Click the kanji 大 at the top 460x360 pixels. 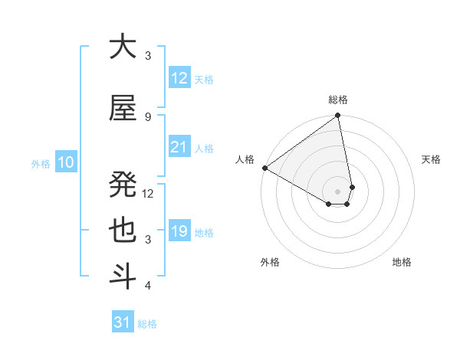coord(123,47)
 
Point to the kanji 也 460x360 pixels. coord(123,231)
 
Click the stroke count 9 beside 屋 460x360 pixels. coord(148,116)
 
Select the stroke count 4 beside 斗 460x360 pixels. coord(148,286)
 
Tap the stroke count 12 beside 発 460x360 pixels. coord(149,194)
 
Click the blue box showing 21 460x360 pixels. coord(179,147)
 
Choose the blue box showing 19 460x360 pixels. coord(179,231)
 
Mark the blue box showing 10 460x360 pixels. coord(65,162)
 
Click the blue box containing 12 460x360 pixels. coord(179,78)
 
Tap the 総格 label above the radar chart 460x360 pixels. coord(338,100)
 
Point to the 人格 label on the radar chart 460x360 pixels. coord(245,159)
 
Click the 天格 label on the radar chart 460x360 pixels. coord(431,159)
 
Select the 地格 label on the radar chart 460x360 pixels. coord(402,262)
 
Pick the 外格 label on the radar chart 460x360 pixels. coord(270,262)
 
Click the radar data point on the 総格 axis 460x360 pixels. coord(337,116)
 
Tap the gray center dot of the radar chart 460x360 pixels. coord(337,191)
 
